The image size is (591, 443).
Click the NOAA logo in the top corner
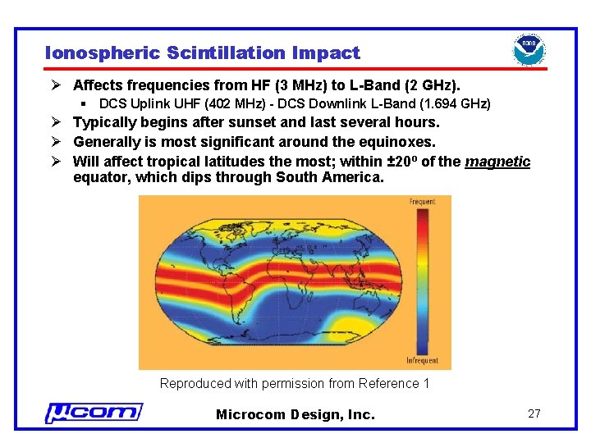529,50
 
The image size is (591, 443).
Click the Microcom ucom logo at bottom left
94,413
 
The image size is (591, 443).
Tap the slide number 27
534,413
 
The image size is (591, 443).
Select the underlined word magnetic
497,162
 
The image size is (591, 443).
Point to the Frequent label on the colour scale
422,202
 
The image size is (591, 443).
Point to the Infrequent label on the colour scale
422,361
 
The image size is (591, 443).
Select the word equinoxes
397,142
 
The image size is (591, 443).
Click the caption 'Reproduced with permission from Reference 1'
295,384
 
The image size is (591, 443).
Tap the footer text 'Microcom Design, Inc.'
295,414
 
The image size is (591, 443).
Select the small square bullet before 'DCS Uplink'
85,104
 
